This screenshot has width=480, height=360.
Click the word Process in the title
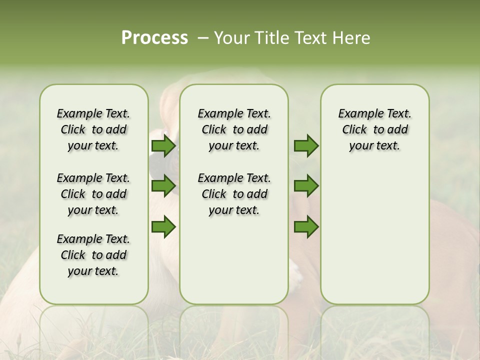tap(154, 37)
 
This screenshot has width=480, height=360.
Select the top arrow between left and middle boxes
tap(163, 146)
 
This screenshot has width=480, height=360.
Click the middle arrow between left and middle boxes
tap(163, 186)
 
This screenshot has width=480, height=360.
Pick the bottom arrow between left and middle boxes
tap(163, 226)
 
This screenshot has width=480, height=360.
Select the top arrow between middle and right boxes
tap(306, 146)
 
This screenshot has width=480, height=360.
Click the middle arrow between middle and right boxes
tap(306, 186)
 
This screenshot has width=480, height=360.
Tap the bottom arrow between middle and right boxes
tap(306, 226)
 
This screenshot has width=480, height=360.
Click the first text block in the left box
tap(93, 129)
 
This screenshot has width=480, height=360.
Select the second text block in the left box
tap(93, 194)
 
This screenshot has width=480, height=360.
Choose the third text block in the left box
tap(93, 255)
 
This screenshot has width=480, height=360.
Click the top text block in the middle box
tap(234, 129)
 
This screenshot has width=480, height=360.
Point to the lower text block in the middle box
tap(234, 194)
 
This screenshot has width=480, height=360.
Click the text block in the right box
tap(374, 129)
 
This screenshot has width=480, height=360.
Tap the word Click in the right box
tap(354, 130)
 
